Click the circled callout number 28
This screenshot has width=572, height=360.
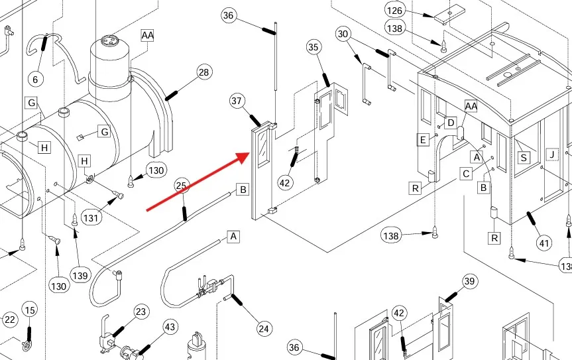(204, 72)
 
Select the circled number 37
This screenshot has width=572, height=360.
(237, 101)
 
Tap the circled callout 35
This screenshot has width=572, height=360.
(314, 47)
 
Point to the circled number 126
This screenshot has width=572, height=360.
(395, 11)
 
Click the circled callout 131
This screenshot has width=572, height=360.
(91, 218)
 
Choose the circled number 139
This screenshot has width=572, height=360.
(80, 275)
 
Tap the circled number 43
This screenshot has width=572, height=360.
(170, 327)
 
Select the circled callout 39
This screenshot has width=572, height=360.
(469, 281)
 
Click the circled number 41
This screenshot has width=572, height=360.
(544, 243)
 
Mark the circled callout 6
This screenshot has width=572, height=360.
(35, 79)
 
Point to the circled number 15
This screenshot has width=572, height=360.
(30, 310)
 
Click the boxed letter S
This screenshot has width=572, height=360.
(524, 158)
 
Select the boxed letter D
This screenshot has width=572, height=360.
(451, 123)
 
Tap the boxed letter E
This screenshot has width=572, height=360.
(423, 140)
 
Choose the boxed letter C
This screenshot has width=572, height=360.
(466, 174)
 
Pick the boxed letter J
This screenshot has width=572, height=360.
(552, 154)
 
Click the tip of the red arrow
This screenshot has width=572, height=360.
(249, 154)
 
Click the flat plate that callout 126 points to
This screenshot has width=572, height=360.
(449, 15)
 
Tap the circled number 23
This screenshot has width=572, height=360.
(141, 312)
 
